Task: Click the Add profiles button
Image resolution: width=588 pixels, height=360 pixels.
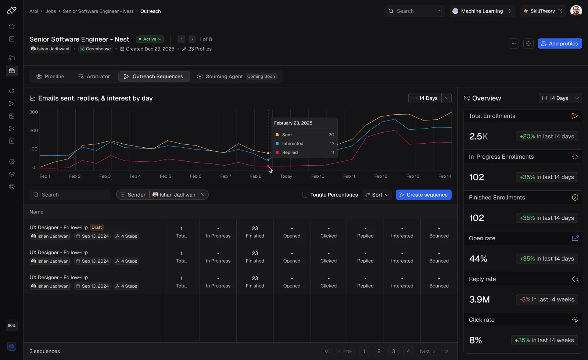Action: [560, 44]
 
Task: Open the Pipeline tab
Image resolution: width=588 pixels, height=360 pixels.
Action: [50, 76]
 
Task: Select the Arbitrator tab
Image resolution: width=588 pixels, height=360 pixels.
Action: [94, 76]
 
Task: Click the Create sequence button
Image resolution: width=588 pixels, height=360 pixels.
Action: [424, 195]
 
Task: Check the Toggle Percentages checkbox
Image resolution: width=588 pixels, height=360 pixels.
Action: [305, 195]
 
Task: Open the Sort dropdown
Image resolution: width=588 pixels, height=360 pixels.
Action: [377, 195]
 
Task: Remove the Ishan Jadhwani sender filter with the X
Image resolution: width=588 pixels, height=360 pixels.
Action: [202, 195]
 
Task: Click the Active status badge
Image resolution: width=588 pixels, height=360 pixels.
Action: [150, 39]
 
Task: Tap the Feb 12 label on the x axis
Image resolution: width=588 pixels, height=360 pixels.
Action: [381, 176]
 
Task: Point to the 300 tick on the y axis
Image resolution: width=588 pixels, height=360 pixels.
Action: [33, 112]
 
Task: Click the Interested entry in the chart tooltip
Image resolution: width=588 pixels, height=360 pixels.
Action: [293, 144]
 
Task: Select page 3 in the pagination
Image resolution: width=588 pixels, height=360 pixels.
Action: [393, 351]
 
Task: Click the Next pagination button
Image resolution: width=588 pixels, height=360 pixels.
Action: [427, 351]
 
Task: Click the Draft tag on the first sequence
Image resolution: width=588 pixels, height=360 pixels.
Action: [97, 227]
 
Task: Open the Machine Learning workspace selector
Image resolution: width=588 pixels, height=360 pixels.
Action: [482, 11]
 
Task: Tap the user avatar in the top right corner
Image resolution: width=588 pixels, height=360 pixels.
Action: [576, 11]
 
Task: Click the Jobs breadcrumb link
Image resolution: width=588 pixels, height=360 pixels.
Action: [51, 11]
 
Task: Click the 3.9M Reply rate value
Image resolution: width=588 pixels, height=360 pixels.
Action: [479, 299]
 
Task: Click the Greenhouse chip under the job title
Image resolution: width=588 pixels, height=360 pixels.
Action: [95, 49]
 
